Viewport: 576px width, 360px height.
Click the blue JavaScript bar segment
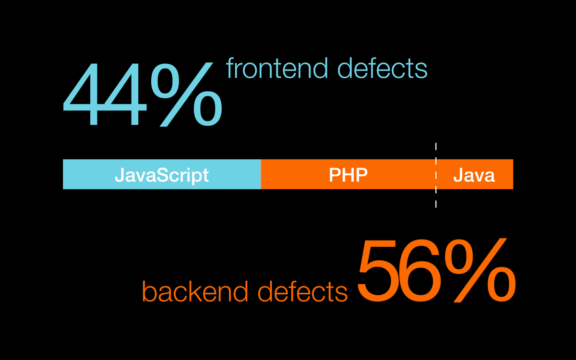(162, 174)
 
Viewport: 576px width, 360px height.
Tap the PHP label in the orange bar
(348, 175)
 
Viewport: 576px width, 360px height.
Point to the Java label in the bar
(474, 175)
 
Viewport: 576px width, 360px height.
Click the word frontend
(277, 68)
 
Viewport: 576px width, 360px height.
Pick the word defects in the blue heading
(382, 68)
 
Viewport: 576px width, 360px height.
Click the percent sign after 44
(186, 95)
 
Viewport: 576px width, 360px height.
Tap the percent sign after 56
(480, 270)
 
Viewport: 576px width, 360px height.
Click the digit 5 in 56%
(377, 271)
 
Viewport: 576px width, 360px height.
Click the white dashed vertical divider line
(436, 175)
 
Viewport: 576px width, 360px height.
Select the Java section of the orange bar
(474, 174)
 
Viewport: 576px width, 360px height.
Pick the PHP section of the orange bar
(348, 174)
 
